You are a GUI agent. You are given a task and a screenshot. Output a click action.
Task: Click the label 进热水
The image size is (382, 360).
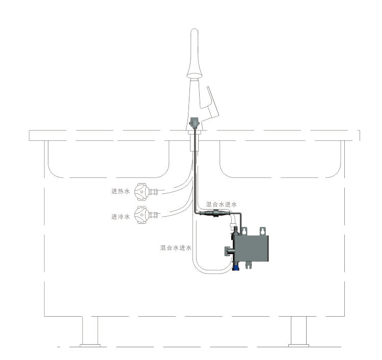coord(121,191)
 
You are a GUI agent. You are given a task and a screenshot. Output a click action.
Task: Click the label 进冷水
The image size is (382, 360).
coord(121,217)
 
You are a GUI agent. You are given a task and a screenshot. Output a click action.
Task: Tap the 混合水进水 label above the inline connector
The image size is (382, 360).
coord(221,204)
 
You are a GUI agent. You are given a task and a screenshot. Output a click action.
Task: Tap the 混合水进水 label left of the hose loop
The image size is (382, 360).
coord(176,248)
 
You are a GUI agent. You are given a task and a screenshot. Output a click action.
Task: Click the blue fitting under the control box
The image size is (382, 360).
coord(236,268)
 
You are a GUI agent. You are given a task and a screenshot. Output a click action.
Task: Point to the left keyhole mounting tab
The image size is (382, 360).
coord(244,231)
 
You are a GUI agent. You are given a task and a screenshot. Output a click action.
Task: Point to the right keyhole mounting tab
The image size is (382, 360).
coord(262,231)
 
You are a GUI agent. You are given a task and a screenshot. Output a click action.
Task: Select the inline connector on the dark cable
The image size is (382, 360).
coord(214,213)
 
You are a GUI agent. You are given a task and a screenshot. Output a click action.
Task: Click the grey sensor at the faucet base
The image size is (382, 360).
coord(195,123)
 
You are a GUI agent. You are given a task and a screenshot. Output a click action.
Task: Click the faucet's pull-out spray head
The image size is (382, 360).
coord(194,53)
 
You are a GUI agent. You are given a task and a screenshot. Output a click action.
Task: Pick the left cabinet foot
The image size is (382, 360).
coord(90,331)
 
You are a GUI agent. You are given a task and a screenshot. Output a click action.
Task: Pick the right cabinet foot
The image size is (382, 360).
coord(298,331)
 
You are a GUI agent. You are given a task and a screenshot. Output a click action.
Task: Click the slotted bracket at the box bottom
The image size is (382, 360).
coord(248,265)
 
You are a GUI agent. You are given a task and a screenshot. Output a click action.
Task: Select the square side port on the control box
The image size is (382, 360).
coord(229,251)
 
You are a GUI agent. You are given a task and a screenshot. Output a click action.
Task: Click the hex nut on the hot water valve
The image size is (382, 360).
coord(153,192)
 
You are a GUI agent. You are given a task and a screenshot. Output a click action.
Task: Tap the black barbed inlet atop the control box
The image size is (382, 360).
coord(236,230)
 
